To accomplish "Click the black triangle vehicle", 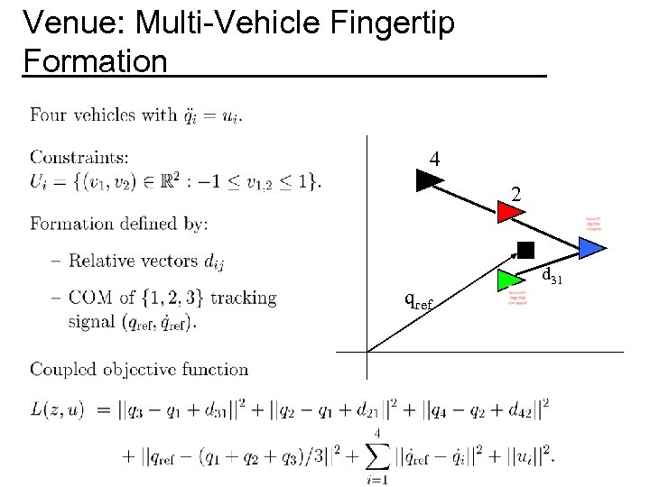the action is pyautogui.click(x=429, y=181).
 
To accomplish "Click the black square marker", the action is pyautogui.click(x=525, y=250).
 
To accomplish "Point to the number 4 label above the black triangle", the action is pyautogui.click(x=435, y=159).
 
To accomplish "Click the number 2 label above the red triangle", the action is pyautogui.click(x=515, y=192).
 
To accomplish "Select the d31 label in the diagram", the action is pyautogui.click(x=551, y=274).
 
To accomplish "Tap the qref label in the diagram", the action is pyautogui.click(x=418, y=299).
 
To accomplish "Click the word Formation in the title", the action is pyautogui.click(x=96, y=61).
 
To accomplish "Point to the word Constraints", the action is pyautogui.click(x=79, y=160).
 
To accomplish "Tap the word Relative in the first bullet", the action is pyautogui.click(x=102, y=261).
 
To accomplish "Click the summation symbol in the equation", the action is pyautogui.click(x=376, y=456).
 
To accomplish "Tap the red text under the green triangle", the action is pyautogui.click(x=516, y=298).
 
